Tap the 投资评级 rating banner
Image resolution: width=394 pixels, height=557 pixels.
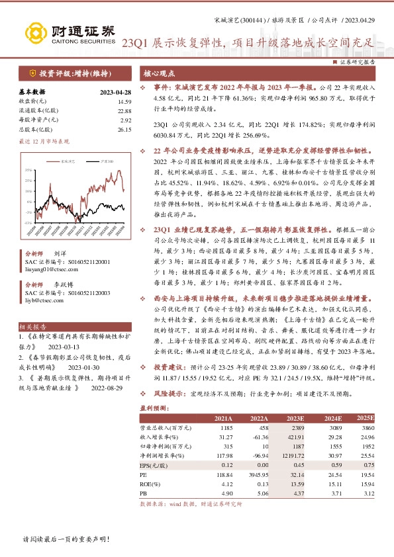point(68,73)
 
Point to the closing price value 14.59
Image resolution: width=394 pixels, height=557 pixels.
point(124,102)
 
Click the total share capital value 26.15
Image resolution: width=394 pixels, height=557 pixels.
point(124,130)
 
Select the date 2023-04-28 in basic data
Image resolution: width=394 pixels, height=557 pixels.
point(116,93)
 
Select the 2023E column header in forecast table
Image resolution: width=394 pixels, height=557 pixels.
point(295,419)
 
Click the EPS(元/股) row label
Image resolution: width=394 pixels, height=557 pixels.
point(154,465)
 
